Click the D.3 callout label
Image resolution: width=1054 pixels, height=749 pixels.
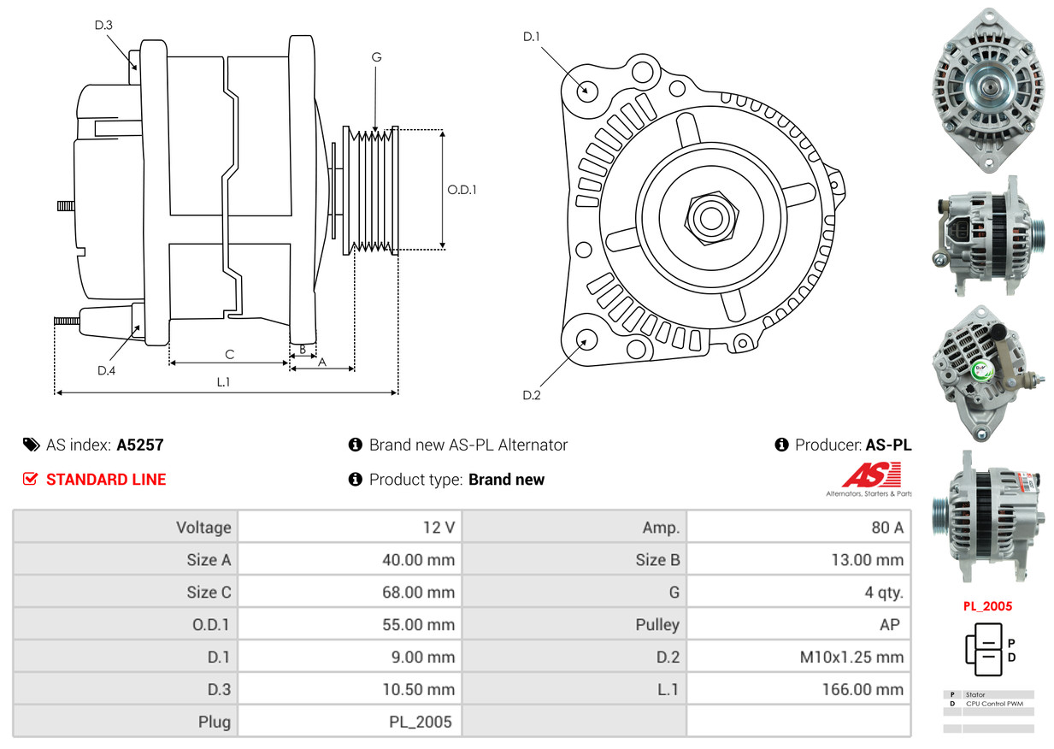pos(103,25)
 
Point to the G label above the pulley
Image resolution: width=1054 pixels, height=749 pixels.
pos(376,57)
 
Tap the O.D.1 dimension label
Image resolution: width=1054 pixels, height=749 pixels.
pos(462,190)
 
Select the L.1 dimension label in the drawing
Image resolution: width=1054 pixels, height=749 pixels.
pos(223,382)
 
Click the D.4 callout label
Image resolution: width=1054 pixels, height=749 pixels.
pos(106,370)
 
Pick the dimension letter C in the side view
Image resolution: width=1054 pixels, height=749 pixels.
pos(229,354)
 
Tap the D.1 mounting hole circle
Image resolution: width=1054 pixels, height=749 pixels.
pos(586,90)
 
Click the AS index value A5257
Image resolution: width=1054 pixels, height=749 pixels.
pos(140,445)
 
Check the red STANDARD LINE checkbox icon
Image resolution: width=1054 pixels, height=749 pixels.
pos(30,479)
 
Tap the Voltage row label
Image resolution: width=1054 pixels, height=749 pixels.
pos(203,528)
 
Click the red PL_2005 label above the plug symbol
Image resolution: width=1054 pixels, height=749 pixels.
pos(987,606)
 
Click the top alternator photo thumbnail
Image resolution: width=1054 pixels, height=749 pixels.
pos(987,90)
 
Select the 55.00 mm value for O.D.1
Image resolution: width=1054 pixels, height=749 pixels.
pos(418,624)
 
